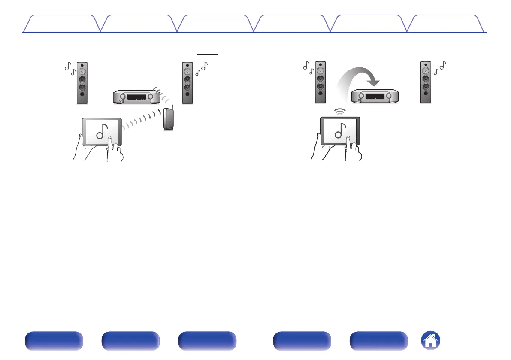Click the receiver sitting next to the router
click(136, 97)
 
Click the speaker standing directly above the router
click(187, 83)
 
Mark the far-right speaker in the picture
click(425, 83)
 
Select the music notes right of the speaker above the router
click(201, 68)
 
